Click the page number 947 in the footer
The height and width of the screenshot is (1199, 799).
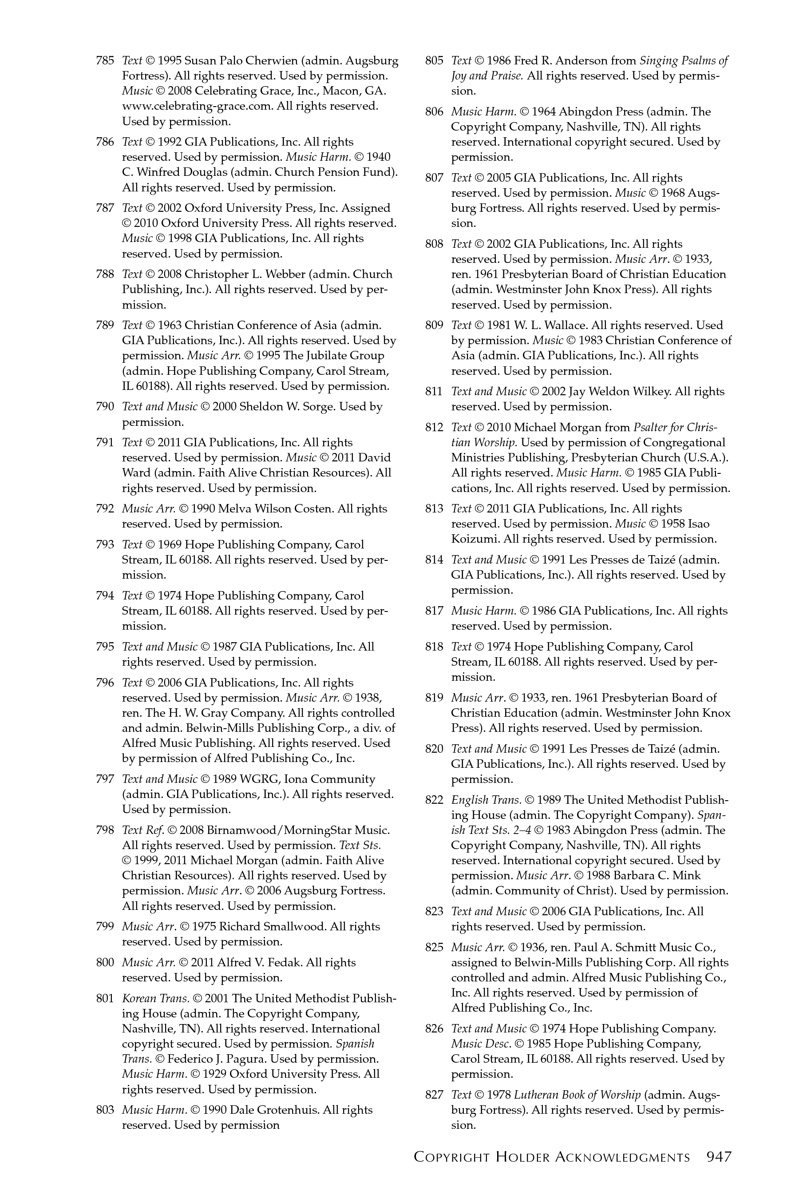pos(719,1157)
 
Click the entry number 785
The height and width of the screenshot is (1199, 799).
pos(104,61)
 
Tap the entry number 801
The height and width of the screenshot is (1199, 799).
pos(104,998)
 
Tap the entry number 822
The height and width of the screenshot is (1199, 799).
pos(434,800)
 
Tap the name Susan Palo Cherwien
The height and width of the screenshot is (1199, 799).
pos(240,61)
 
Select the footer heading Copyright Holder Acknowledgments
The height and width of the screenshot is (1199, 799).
pos(552,1157)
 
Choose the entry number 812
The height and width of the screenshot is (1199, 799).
pos(434,427)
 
